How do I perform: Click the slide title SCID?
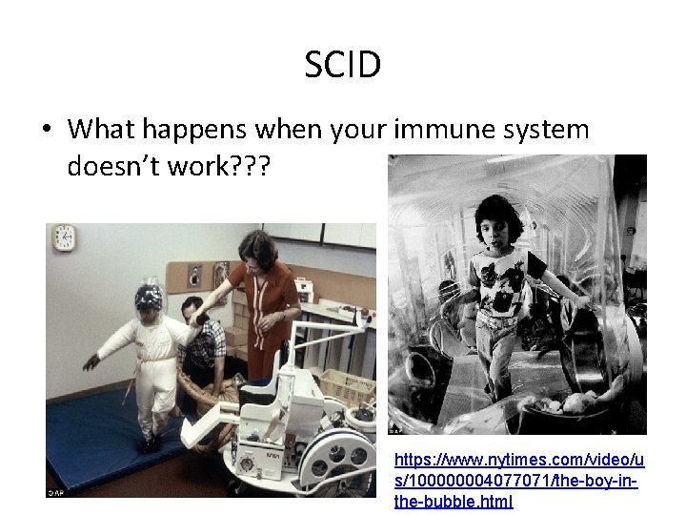[x=343, y=65]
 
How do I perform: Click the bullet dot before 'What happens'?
[x=48, y=130]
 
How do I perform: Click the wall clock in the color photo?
[x=64, y=237]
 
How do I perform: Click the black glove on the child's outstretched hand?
[x=91, y=361]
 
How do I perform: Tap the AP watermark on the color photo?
[x=57, y=492]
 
